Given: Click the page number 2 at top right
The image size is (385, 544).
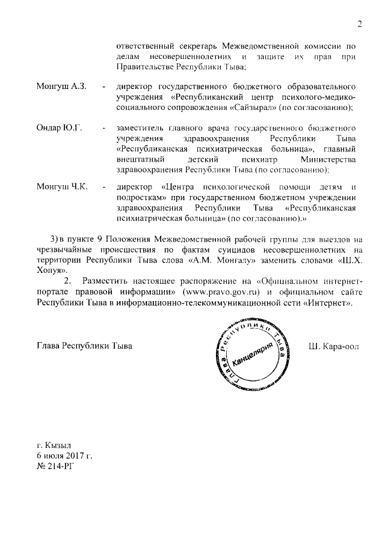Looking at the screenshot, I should point(359,25).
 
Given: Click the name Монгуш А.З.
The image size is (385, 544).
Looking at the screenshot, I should point(62,87).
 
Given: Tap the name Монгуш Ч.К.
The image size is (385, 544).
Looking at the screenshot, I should point(62,186).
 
